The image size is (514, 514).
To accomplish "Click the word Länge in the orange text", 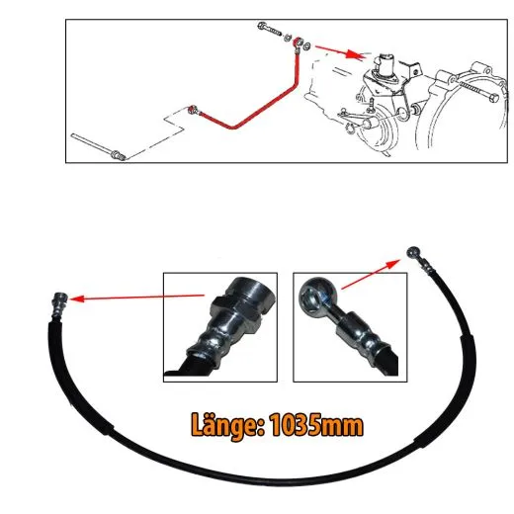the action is tap(227, 426).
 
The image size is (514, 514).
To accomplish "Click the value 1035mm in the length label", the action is tap(316, 425).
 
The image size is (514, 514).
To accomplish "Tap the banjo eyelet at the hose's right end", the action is tap(412, 252).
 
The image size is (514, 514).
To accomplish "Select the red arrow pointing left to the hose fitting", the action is tap(137, 298).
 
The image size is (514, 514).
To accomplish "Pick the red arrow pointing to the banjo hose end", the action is tap(371, 274).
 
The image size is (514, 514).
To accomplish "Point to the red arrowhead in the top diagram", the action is tap(355, 54).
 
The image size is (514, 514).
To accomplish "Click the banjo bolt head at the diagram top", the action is tap(263, 26).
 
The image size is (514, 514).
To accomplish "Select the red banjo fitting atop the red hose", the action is tap(298, 43).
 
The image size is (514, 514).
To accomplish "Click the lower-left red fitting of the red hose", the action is tap(193, 110).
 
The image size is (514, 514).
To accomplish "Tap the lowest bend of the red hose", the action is tap(232, 127).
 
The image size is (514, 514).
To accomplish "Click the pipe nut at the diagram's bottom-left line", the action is tap(118, 155).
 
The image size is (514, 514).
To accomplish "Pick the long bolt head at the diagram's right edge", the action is tap(493, 98).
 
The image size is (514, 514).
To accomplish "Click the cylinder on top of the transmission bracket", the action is tap(386, 64).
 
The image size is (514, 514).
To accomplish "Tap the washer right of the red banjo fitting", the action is tap(306, 45).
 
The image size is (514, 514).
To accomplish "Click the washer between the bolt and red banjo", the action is tap(288, 38).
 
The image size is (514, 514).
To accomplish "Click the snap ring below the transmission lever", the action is tap(350, 128).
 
